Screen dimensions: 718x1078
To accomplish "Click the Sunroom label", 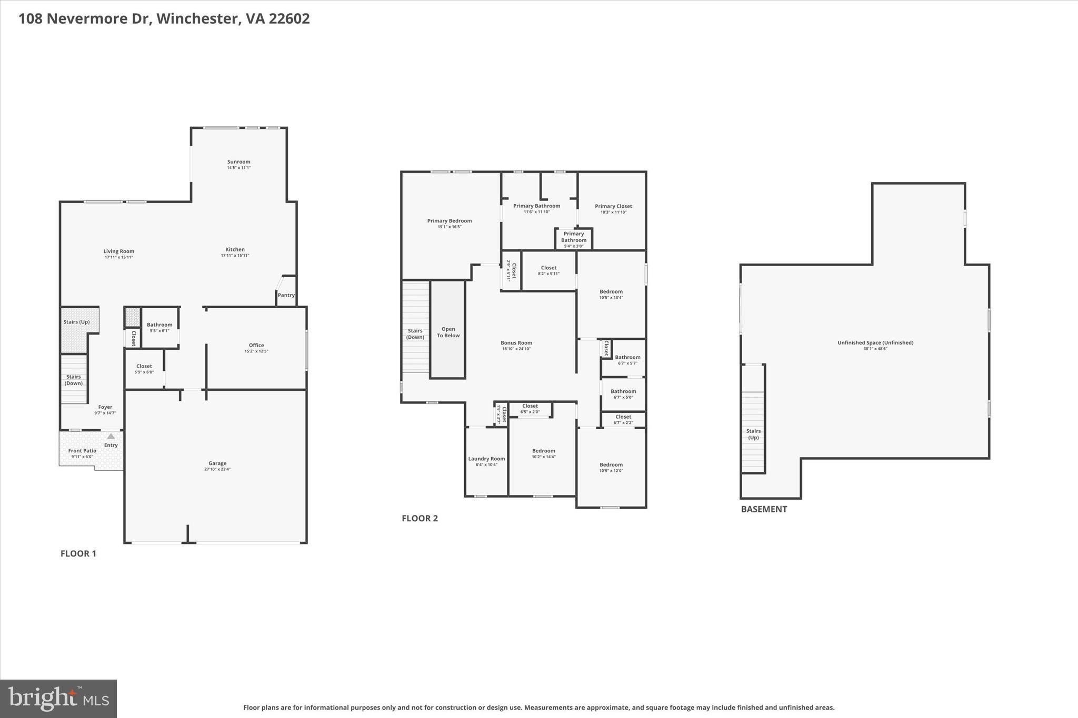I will coord(238,162).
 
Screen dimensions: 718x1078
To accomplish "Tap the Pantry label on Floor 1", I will coord(286,295).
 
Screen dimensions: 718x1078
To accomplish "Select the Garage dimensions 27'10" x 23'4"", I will coord(217,469).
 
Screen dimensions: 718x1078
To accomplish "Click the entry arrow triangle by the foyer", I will coord(111,436).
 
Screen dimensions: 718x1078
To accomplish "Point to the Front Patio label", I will coord(82,451).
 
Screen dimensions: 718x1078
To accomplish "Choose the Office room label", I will coord(256,346).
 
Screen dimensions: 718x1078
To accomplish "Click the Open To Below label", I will coord(448,332).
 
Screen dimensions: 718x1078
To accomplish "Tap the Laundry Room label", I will coord(486,459).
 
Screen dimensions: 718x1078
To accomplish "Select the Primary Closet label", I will coord(613,206).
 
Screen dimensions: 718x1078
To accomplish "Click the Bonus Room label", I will coord(516,343).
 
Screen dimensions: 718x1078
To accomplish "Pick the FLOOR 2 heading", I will coord(420,518).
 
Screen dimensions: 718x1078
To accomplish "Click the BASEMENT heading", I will coord(764,509).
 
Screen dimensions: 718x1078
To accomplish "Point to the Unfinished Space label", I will coord(875,343).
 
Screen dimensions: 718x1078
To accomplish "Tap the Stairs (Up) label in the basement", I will coord(753,434).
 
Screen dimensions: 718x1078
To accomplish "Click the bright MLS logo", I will coord(58,698).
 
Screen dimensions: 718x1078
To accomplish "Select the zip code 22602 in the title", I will coord(289,19).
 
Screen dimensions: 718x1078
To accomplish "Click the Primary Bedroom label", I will coord(449,221).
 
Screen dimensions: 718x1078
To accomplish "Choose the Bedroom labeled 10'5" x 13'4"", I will coord(611,291).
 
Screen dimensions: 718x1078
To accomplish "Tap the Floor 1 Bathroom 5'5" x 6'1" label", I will coord(159,325).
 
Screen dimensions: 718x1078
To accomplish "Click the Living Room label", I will coord(118,251).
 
